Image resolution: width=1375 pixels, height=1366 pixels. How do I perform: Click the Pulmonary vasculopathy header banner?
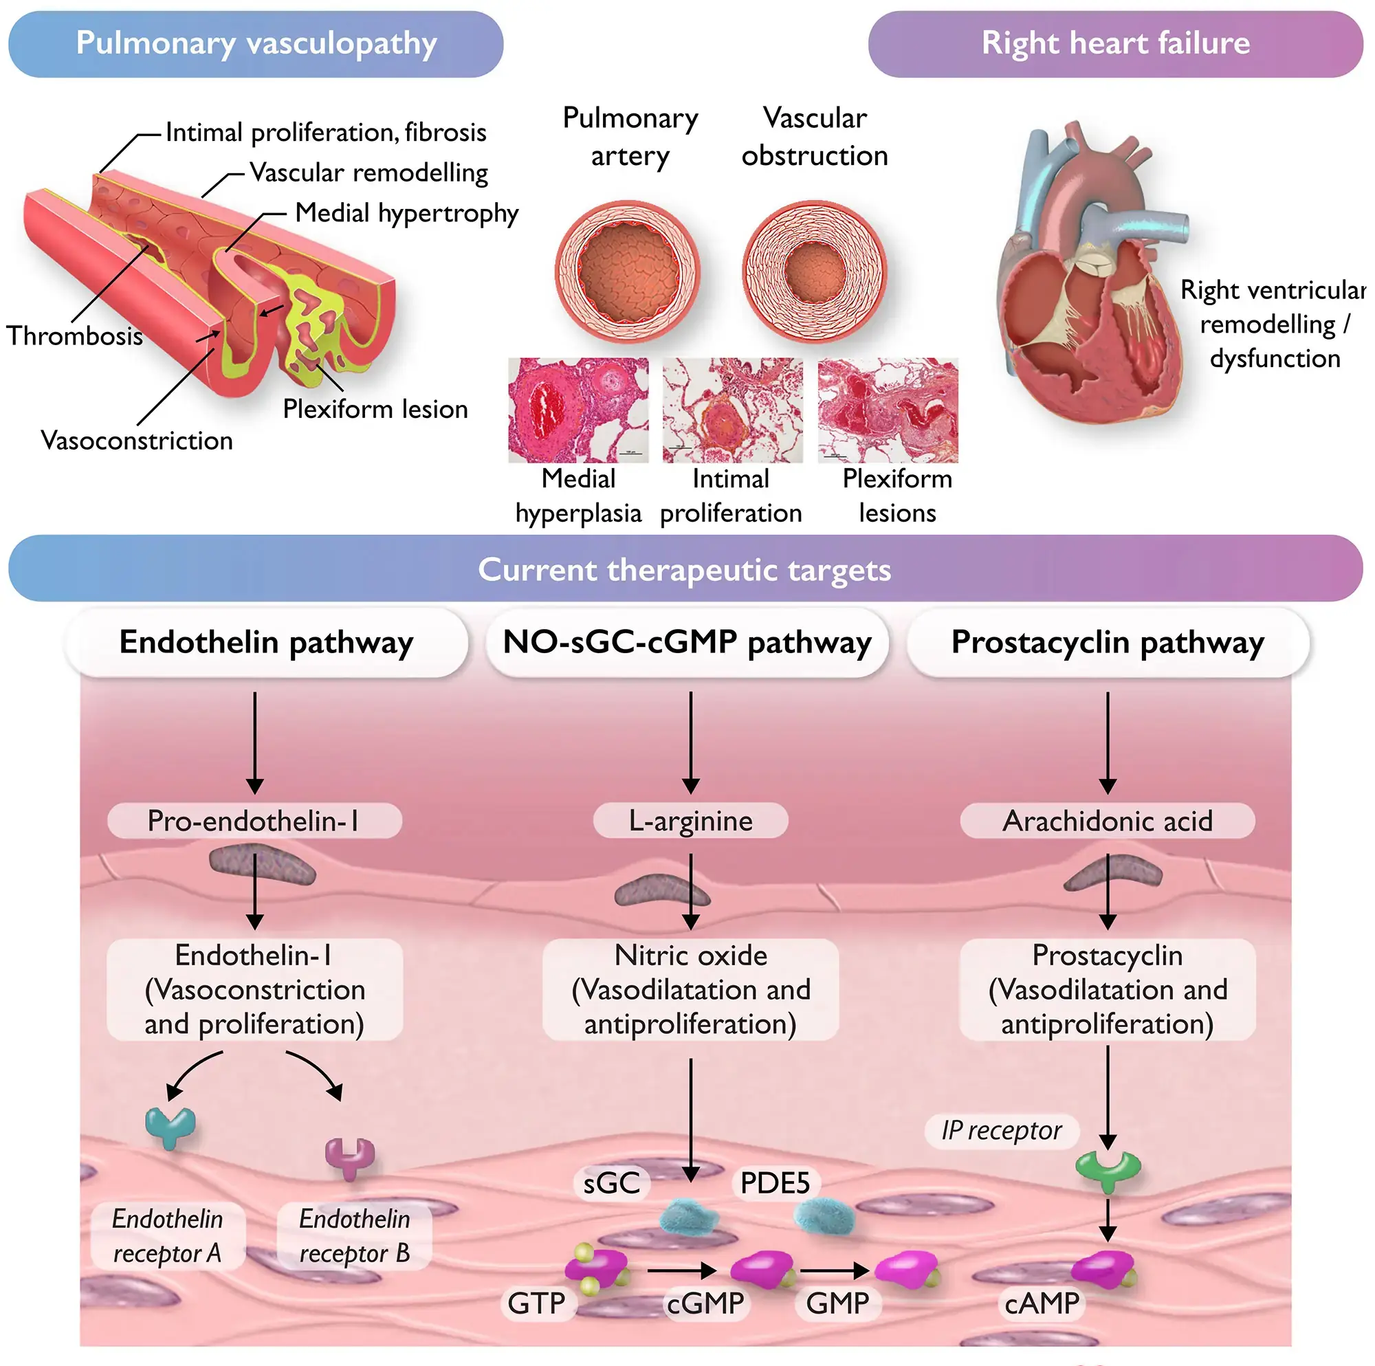tap(256, 43)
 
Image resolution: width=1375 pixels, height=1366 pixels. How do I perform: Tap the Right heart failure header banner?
tap(1114, 43)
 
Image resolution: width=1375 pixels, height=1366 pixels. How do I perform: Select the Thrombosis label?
tap(75, 335)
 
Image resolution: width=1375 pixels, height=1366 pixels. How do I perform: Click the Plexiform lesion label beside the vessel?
tap(375, 409)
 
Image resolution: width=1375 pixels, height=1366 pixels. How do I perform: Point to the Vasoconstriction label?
tap(137, 441)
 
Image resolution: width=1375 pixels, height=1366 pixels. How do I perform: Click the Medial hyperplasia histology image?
tap(578, 410)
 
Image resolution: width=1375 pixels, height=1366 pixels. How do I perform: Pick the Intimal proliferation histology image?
tap(732, 410)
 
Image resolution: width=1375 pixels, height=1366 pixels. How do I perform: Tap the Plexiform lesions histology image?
tap(888, 410)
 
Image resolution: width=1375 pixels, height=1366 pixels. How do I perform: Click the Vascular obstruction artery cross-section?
tap(815, 272)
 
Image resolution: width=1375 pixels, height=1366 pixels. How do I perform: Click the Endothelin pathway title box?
tap(266, 642)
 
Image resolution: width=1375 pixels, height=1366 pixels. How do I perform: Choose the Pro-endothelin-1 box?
tap(254, 821)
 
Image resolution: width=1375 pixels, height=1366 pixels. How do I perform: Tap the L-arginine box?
tap(690, 821)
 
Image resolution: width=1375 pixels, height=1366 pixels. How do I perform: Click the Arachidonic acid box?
tap(1107, 821)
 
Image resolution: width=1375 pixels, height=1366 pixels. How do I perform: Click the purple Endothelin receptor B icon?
tap(349, 1157)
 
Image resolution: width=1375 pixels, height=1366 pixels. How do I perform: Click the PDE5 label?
tap(775, 1183)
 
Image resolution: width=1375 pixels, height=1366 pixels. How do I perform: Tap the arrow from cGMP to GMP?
tap(833, 1270)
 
